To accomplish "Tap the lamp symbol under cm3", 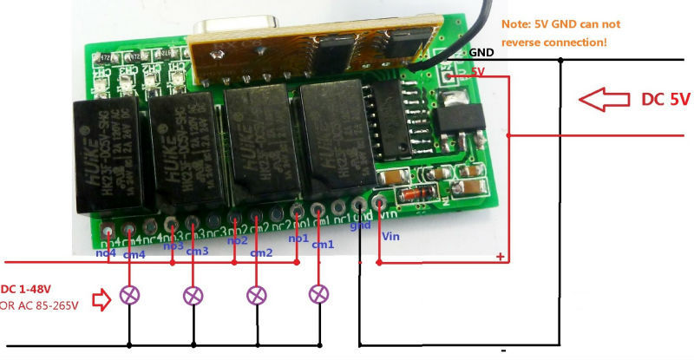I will click(193, 295).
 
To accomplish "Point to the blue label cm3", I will click(197, 251).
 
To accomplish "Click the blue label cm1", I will click(323, 245).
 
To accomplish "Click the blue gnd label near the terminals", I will click(361, 226).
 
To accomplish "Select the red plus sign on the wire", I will click(500, 256).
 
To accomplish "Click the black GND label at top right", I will click(481, 52).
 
